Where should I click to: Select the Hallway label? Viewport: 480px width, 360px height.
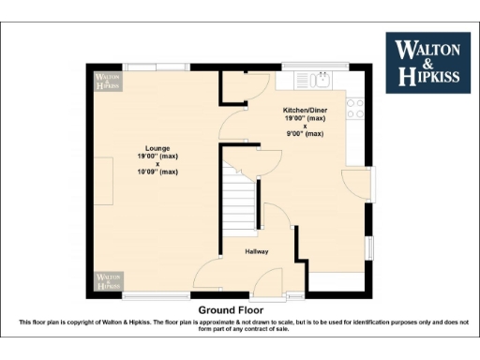(x=257, y=251)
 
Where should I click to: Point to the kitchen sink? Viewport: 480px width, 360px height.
(x=322, y=79)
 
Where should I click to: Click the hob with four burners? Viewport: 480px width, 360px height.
(x=356, y=108)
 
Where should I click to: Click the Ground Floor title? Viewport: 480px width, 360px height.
(x=231, y=309)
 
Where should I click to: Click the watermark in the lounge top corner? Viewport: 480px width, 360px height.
(x=107, y=81)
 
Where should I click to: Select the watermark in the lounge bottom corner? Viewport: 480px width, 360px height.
(x=107, y=280)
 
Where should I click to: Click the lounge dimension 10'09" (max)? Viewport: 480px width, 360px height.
(x=157, y=172)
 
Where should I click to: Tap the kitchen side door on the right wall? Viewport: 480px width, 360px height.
(x=355, y=184)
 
